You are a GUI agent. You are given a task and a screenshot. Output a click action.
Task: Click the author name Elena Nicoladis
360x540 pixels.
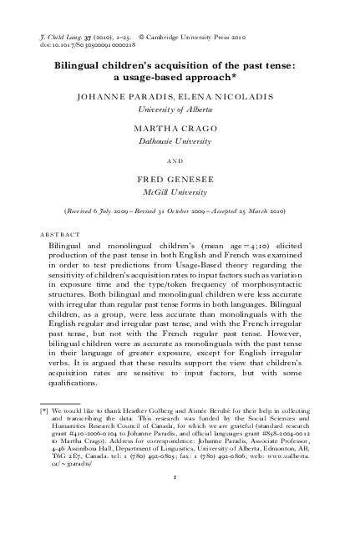click(x=220, y=97)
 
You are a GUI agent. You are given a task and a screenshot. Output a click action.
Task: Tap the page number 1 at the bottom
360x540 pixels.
click(x=180, y=477)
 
